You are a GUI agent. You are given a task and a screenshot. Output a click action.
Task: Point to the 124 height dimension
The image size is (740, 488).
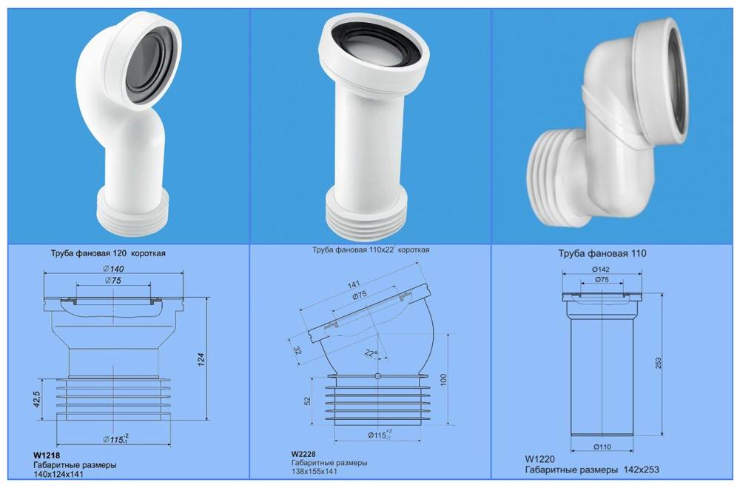pos(201,359)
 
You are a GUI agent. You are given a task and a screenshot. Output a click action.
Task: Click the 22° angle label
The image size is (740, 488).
pos(371,353)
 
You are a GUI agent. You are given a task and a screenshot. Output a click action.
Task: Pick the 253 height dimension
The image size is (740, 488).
pos(658,362)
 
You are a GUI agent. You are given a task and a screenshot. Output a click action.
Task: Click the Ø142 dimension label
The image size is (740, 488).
pos(600,268)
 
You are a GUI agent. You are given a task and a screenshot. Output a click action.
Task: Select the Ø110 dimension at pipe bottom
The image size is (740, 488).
pos(601,447)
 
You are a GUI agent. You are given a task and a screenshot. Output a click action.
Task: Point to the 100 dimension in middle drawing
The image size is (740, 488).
pos(443,378)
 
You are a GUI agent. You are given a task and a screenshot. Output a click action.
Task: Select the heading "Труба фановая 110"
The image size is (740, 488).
pos(602,253)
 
